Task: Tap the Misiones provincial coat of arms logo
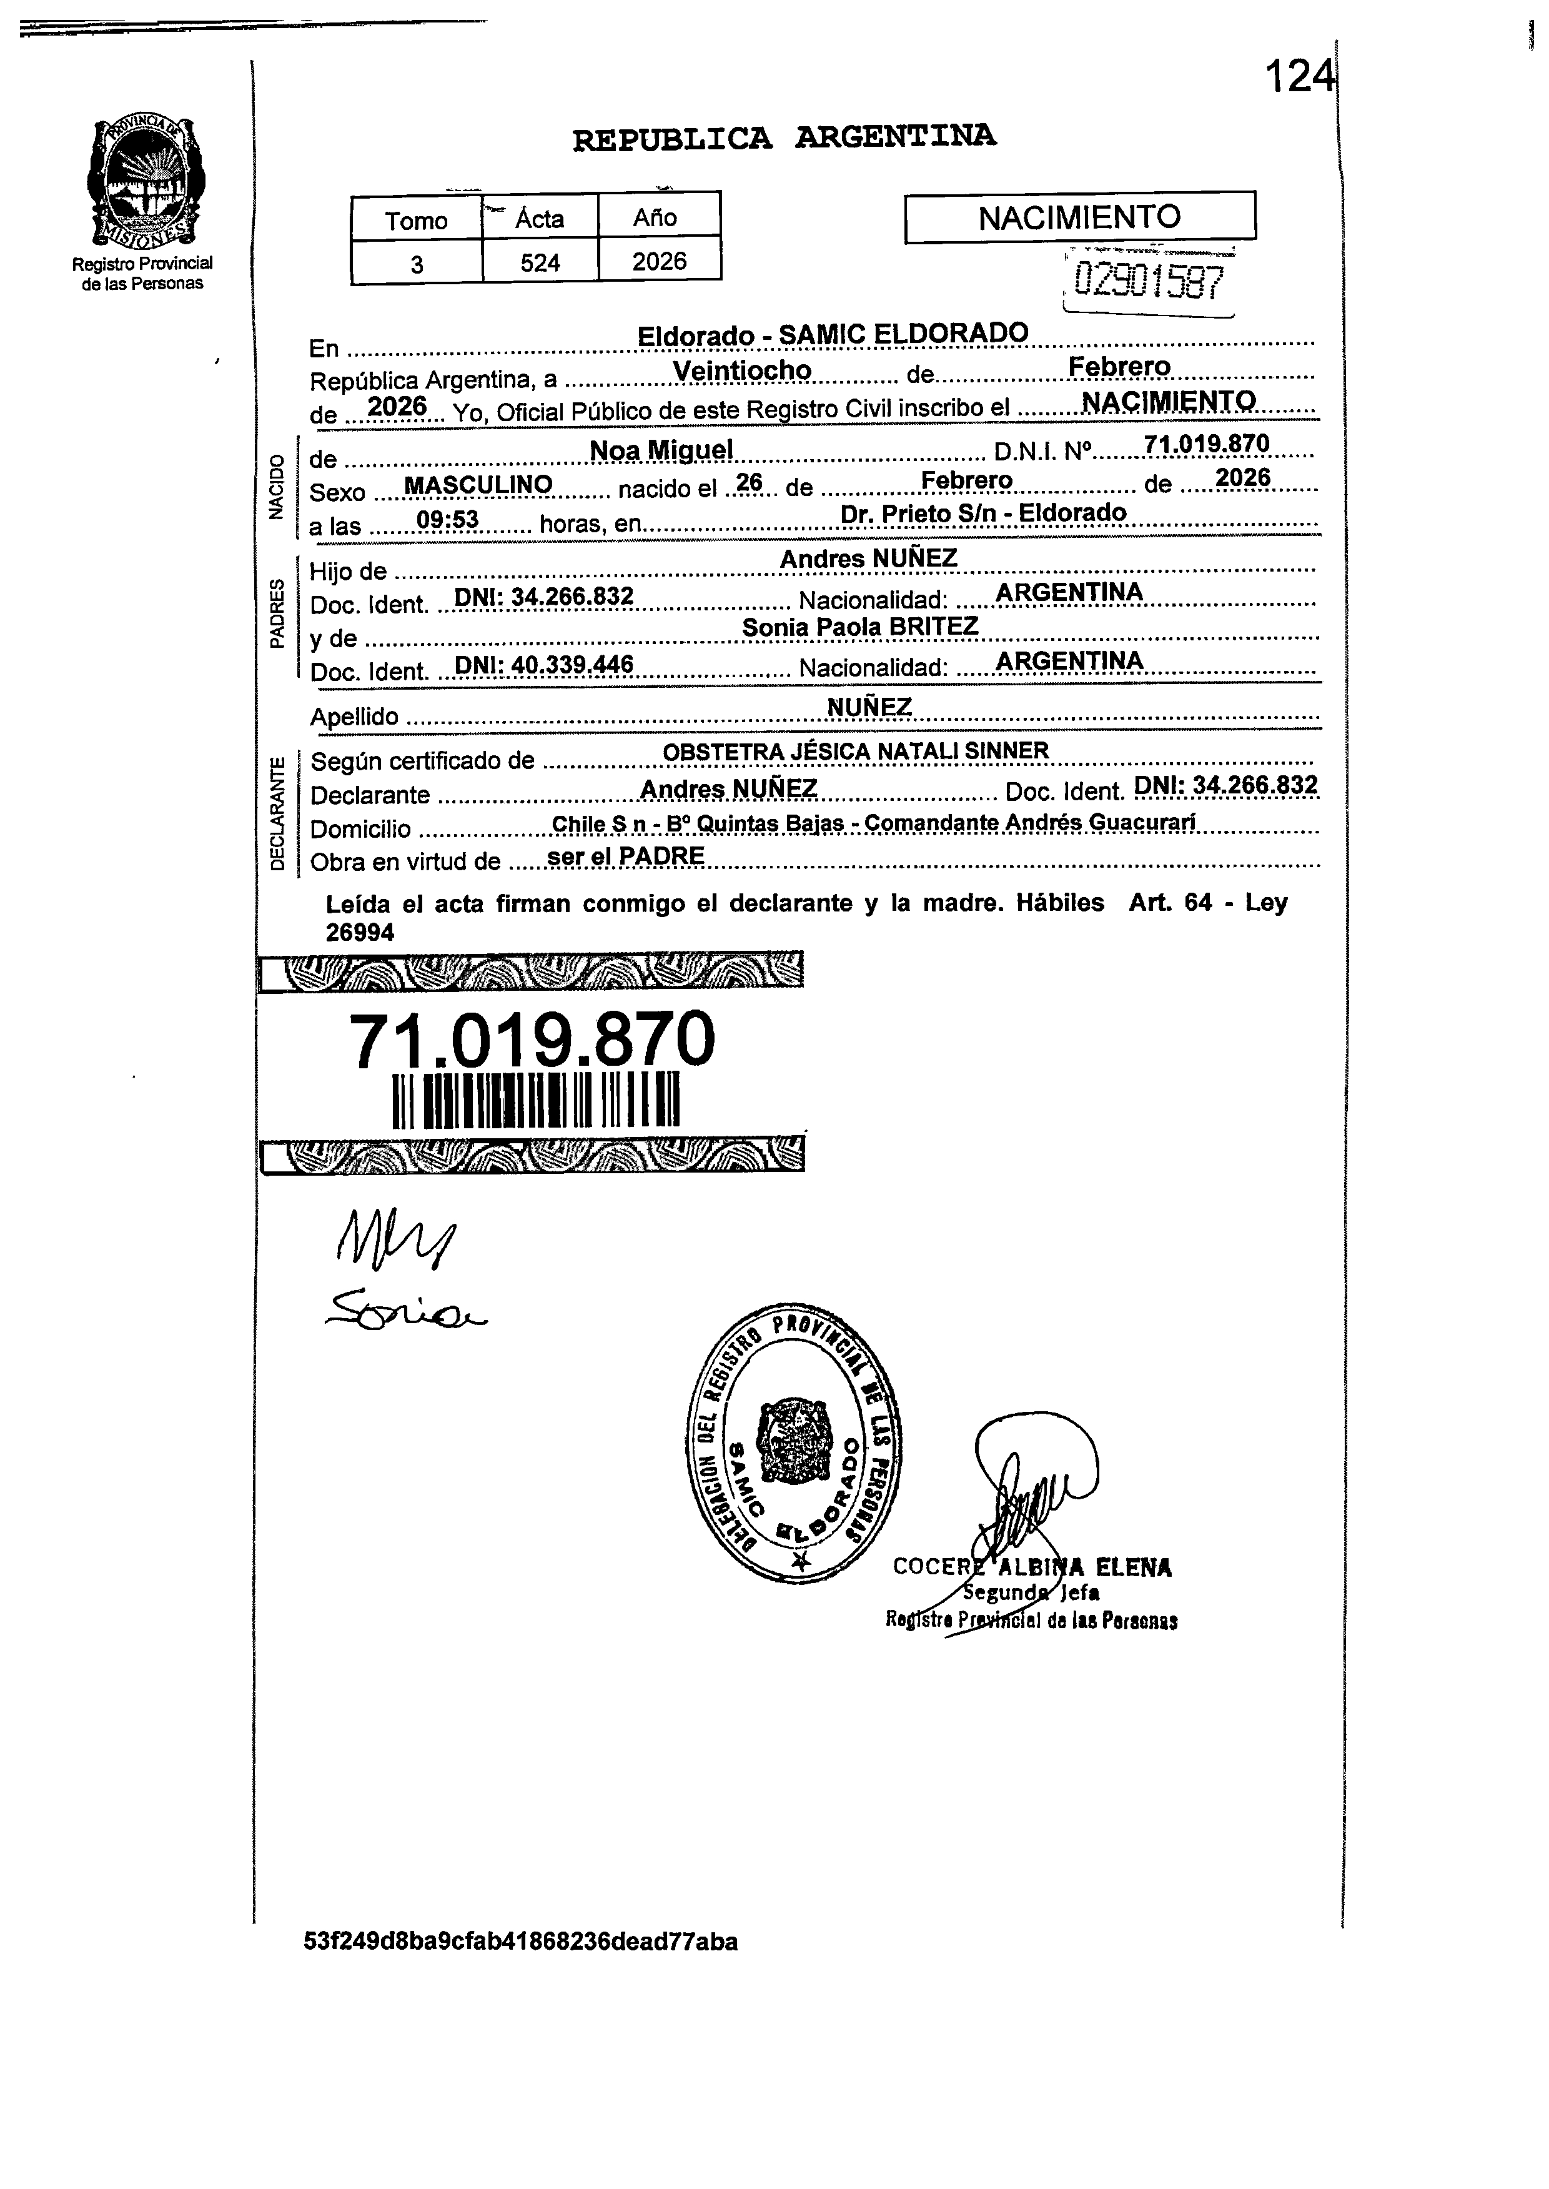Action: click(143, 181)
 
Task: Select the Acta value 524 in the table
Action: click(540, 262)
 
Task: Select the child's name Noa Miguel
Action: click(661, 449)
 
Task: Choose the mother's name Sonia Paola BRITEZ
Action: click(859, 627)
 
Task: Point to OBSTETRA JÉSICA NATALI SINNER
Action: click(856, 752)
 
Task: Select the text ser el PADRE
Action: click(626, 856)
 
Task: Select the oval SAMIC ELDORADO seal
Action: click(794, 1443)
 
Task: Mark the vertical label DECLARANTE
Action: click(277, 813)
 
